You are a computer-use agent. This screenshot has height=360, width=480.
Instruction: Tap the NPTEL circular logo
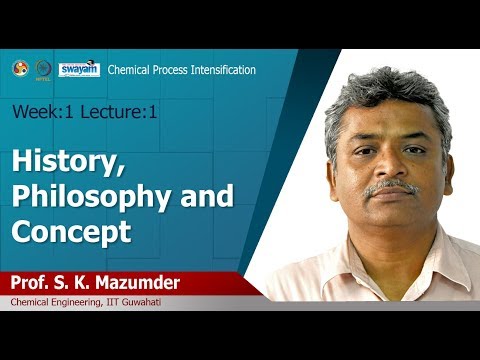tap(41, 69)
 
